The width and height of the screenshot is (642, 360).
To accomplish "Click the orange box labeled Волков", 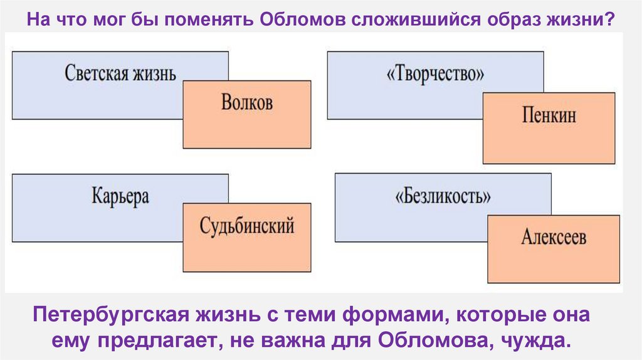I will click(x=247, y=114).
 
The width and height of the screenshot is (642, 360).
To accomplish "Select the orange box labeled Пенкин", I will click(x=549, y=128).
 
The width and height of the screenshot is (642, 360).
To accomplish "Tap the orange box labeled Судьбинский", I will click(x=247, y=237).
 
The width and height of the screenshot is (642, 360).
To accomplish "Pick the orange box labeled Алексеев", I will click(x=554, y=249).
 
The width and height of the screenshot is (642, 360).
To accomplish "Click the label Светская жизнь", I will click(x=120, y=73).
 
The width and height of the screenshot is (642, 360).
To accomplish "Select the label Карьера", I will click(x=120, y=196).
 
